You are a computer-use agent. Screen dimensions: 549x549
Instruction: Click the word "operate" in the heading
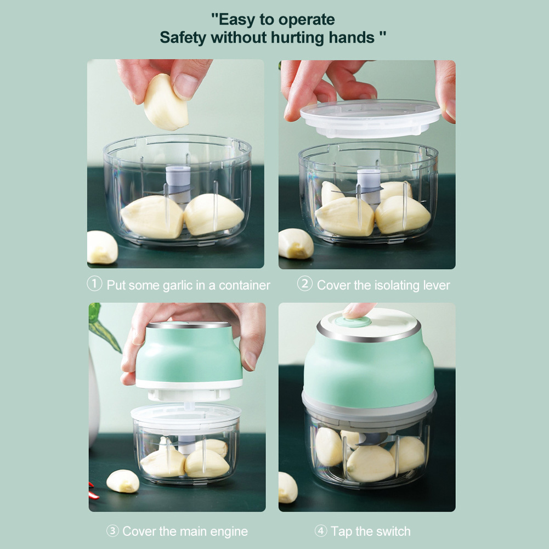click(x=307, y=20)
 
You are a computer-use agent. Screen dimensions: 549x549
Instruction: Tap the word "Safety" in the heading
click(x=183, y=38)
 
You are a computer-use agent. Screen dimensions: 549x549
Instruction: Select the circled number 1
click(x=94, y=284)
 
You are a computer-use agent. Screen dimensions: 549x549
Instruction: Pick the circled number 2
click(x=304, y=284)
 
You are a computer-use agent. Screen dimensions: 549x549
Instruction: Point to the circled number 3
click(x=112, y=531)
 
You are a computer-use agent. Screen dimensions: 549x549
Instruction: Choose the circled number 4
click(x=321, y=531)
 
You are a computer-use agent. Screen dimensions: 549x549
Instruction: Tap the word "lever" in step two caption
click(x=437, y=285)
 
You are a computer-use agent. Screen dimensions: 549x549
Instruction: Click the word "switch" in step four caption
click(x=393, y=531)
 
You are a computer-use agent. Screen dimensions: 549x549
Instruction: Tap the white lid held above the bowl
click(x=370, y=118)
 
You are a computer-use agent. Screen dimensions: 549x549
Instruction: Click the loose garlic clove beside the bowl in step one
click(x=101, y=247)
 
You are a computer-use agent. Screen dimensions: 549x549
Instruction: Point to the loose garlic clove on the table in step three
click(x=122, y=481)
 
